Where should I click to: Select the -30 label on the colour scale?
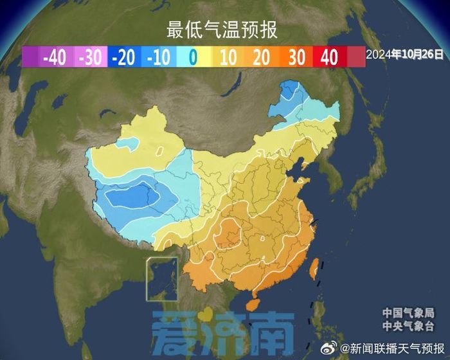89,57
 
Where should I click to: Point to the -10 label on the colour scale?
158,57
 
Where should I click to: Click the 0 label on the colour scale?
193,57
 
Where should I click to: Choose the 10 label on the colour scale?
228,57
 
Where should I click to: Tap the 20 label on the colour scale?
261,57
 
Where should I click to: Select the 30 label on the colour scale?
296,57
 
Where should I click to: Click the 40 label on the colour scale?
329,57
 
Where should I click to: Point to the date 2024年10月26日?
405,55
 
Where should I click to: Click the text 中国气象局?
408,312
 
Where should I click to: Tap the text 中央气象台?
408,327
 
